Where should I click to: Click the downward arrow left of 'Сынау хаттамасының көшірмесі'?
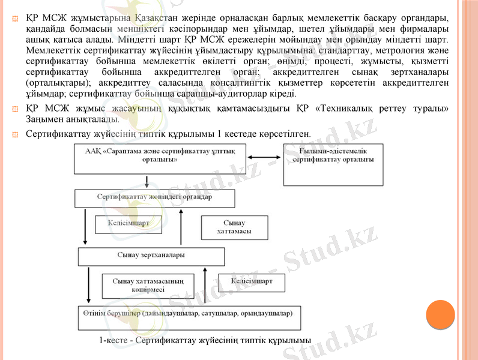coord(89,284)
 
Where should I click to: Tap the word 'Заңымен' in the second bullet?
coord(44,119)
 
